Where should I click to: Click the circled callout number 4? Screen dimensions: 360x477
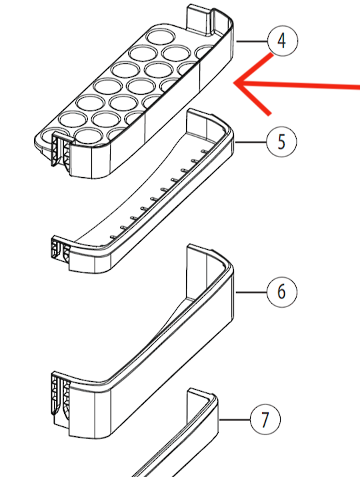282,41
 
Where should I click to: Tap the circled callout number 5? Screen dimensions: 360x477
281,142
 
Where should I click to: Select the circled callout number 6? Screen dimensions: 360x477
281,292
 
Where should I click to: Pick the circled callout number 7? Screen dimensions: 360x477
265,419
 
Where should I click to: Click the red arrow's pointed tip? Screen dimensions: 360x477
234,83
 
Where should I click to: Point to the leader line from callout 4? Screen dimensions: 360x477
251,41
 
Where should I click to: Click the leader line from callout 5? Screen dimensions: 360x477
251,142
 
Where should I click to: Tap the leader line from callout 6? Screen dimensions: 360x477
251,292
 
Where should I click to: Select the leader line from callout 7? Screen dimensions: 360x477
235,420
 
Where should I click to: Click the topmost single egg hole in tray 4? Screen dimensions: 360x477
161,37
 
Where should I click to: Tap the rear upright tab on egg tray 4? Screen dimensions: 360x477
199,19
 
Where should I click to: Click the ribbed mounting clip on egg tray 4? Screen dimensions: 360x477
61,150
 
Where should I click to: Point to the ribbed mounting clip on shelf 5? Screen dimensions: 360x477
60,249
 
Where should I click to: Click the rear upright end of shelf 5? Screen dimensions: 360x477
197,123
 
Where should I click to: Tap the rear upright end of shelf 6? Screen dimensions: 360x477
197,271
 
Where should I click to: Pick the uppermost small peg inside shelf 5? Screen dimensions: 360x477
205,151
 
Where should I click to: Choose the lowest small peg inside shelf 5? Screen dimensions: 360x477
113,237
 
